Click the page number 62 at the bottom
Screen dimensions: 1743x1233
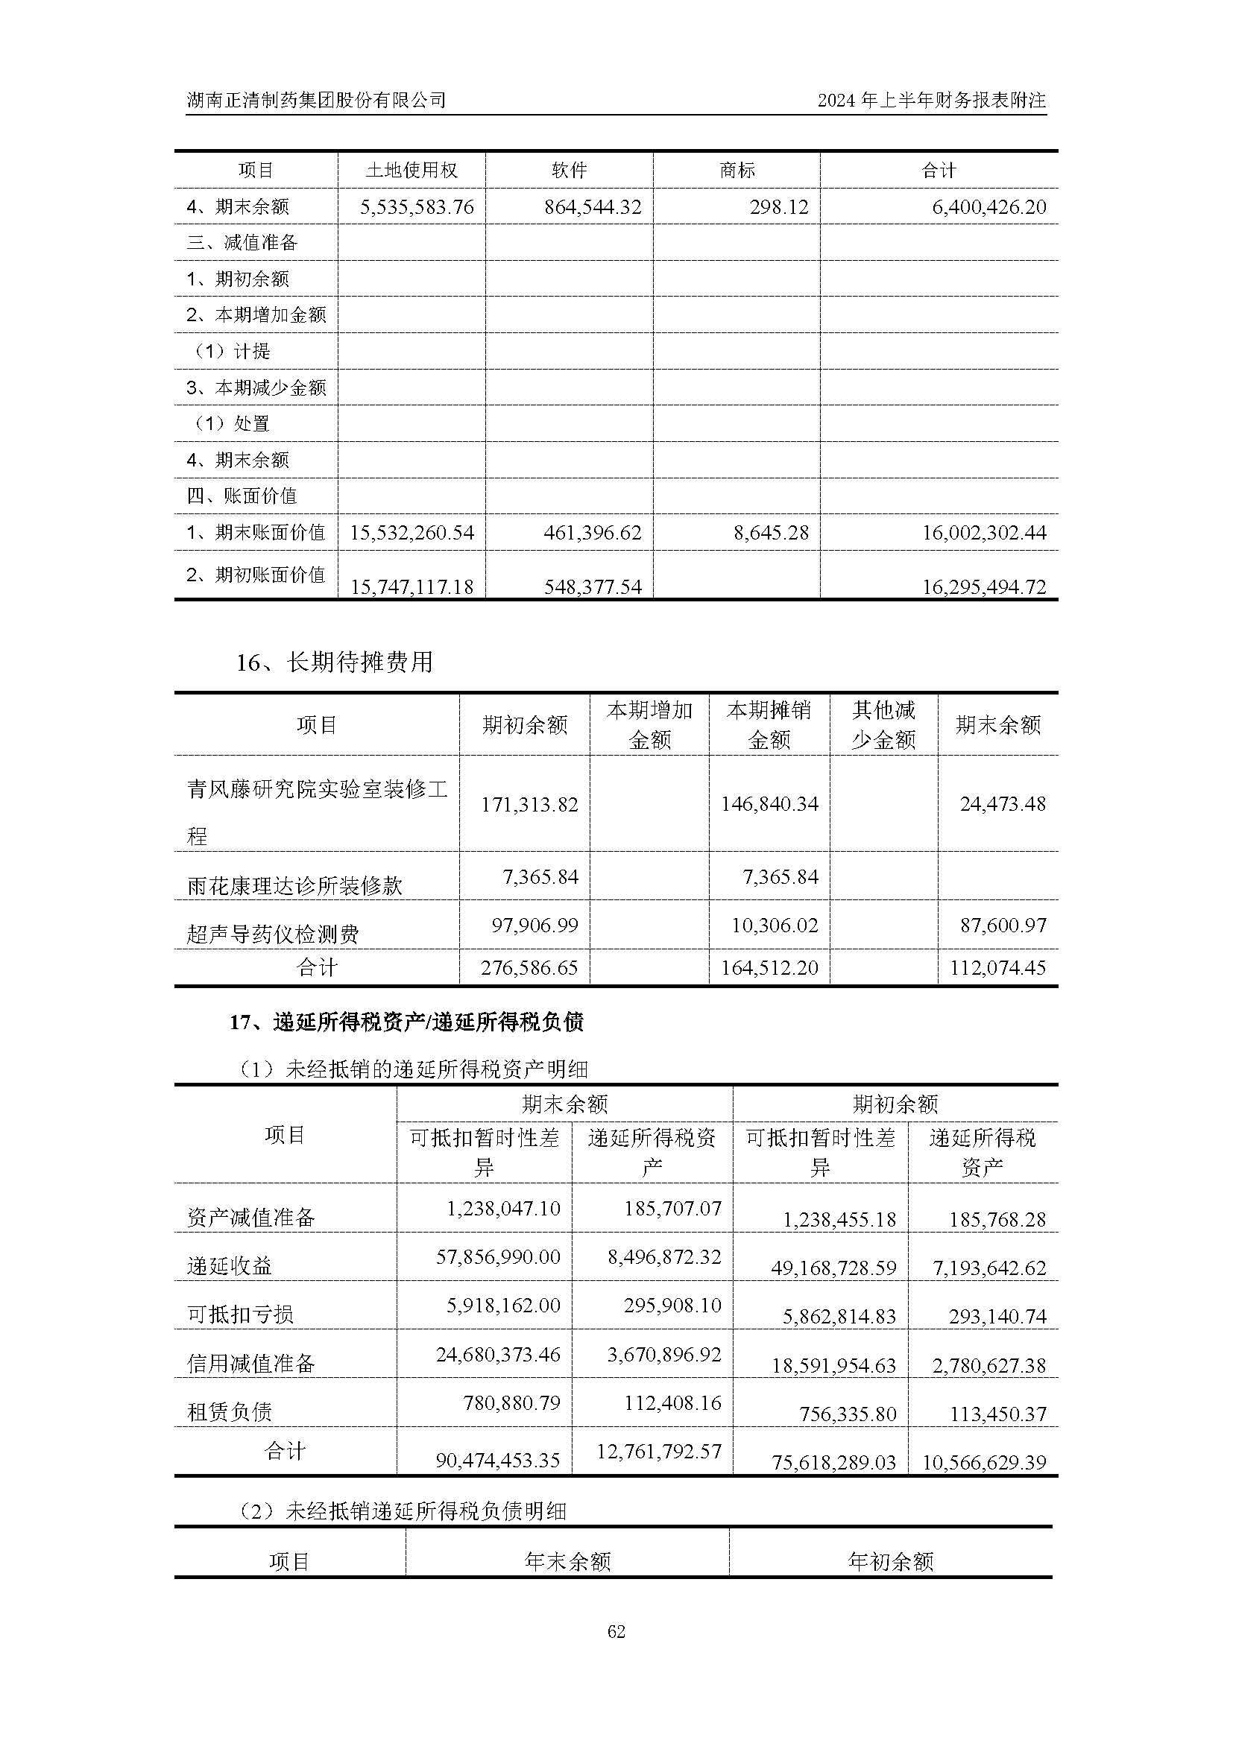pos(616,1631)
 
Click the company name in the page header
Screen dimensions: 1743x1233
pos(316,100)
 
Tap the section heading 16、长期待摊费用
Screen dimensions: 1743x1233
pos(334,662)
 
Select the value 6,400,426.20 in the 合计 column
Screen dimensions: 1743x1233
pos(988,207)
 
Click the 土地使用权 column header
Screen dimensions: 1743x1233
pos(411,171)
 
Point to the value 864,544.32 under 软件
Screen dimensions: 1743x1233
pos(592,207)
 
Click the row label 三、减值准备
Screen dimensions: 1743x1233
pos(242,243)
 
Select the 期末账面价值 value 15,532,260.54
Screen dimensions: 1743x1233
pos(411,533)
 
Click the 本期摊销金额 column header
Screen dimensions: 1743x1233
pos(769,725)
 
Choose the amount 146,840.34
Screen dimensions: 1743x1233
pos(769,804)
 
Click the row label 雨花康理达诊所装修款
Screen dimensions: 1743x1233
pos(294,885)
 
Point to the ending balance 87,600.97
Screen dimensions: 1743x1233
pos(1002,926)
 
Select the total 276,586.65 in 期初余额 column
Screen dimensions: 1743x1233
pos(529,968)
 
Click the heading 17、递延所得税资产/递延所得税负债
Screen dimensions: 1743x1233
pos(407,1022)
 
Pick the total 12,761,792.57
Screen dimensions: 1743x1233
pos(658,1452)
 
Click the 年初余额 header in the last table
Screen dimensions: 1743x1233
pos(890,1562)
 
